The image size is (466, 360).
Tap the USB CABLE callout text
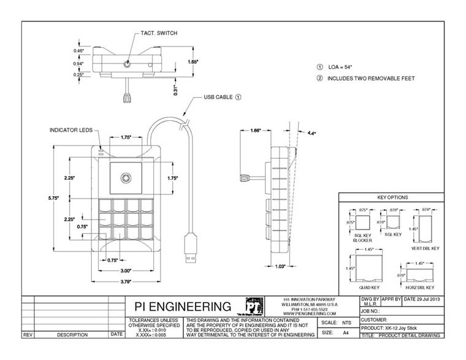coord(214,97)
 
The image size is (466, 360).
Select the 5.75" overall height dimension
coord(55,199)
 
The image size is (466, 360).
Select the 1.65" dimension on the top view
coord(193,62)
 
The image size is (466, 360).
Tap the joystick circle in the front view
coord(126,178)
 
